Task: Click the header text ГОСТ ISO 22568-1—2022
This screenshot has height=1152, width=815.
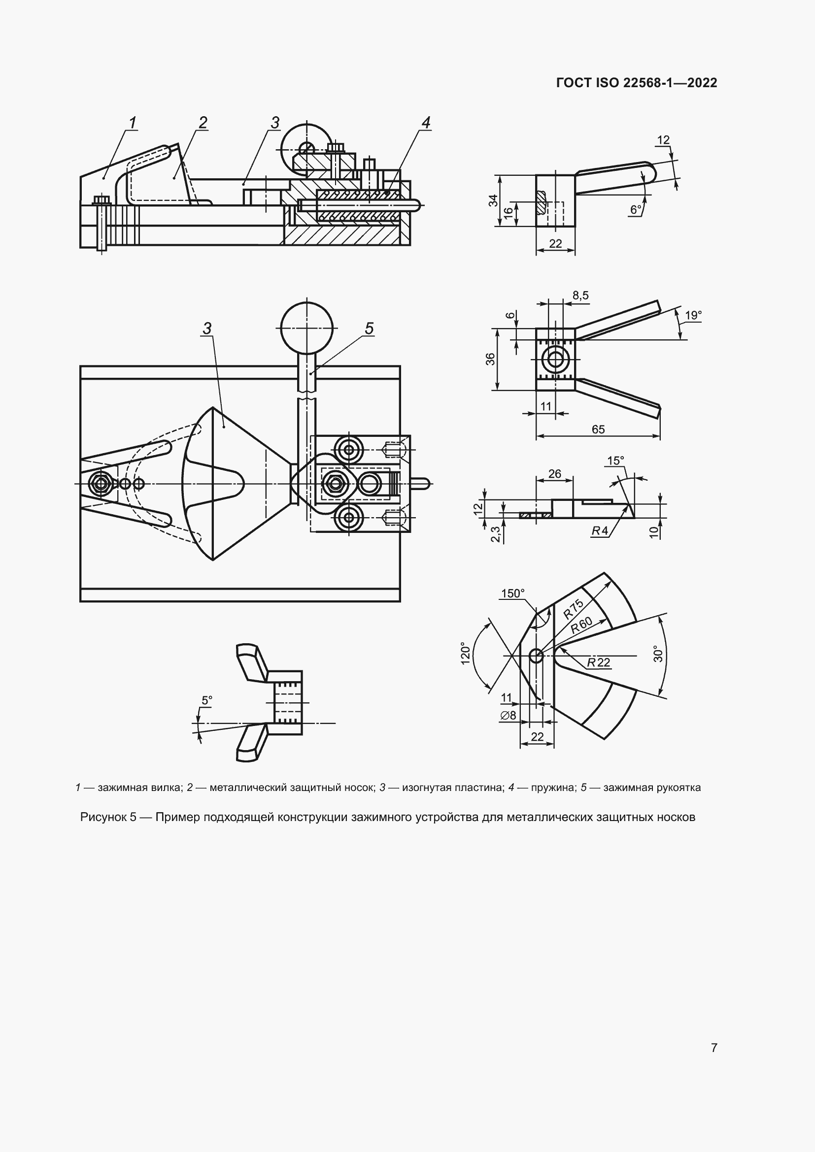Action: tap(636, 83)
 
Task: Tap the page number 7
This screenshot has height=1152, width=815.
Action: tap(714, 1048)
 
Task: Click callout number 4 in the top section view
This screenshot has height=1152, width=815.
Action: tap(426, 123)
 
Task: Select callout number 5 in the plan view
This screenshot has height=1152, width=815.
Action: tap(369, 329)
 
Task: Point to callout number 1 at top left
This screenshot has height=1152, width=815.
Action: tap(133, 123)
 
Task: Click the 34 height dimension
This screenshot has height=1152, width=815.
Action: tap(493, 200)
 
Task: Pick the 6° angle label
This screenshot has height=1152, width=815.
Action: tap(635, 210)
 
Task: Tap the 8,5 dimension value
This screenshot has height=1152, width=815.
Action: tap(580, 296)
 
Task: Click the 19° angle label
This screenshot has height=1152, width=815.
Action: tap(693, 315)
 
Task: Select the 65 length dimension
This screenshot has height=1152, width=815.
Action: tap(598, 429)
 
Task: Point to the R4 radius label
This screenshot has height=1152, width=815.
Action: tap(599, 530)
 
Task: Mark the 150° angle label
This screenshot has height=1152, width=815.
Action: tap(512, 593)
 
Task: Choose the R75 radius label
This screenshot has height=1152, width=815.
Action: tap(573, 609)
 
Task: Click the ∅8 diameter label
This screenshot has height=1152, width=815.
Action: tap(508, 715)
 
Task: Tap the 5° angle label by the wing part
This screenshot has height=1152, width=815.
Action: tap(207, 700)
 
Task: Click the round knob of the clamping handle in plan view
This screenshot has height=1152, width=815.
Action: tap(306, 328)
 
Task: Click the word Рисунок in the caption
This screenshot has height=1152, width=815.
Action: tap(103, 818)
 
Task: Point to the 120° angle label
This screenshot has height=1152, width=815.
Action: tap(465, 653)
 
